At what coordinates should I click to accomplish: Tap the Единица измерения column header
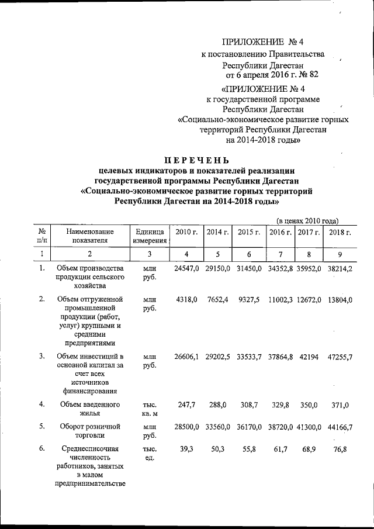tap(149, 236)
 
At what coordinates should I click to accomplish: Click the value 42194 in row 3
tap(309, 357)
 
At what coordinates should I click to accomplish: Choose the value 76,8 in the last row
tap(341, 449)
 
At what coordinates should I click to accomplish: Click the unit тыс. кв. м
tap(149, 408)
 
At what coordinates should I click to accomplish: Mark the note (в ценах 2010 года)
tap(307, 220)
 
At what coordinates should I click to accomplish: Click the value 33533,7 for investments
tap(249, 357)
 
